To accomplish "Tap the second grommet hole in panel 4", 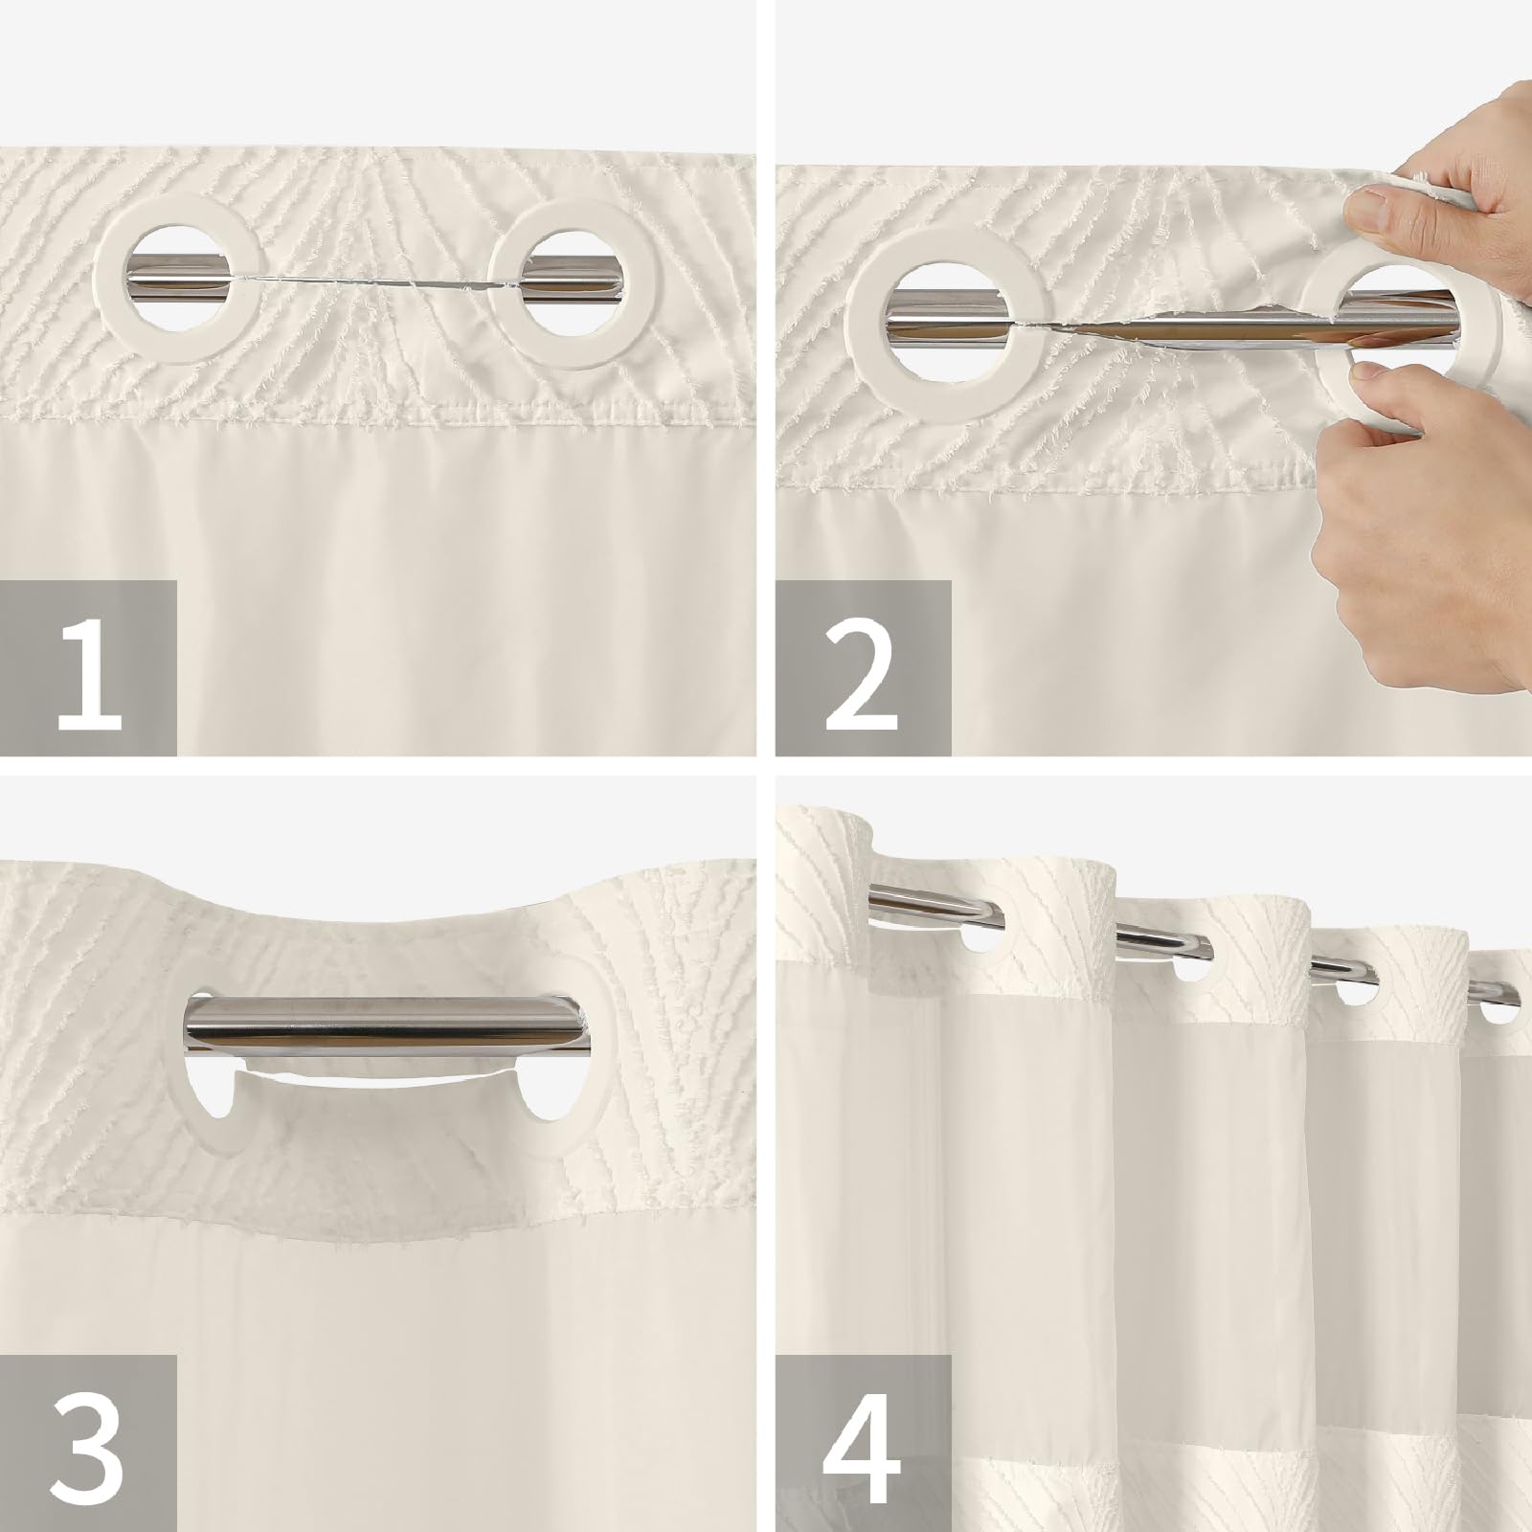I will (x=1192, y=968).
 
